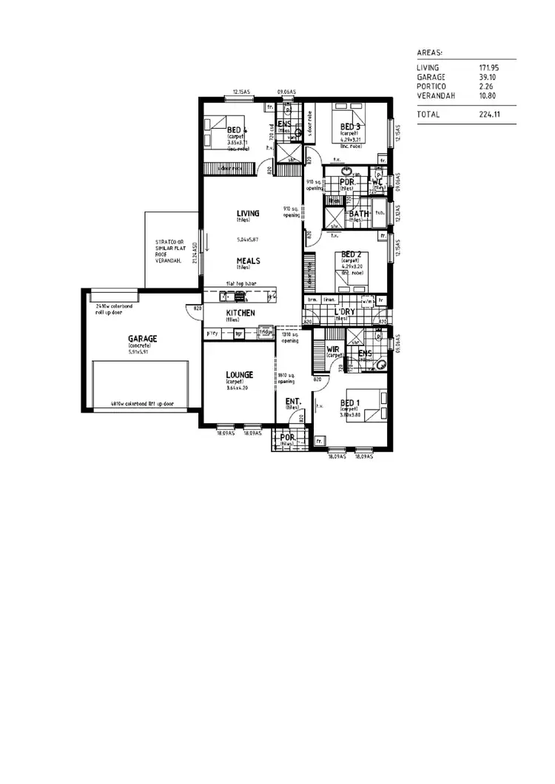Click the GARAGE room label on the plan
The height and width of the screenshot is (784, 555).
pyautogui.click(x=143, y=339)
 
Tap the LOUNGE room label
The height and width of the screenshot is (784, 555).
pyautogui.click(x=239, y=375)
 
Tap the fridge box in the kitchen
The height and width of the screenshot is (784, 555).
pyautogui.click(x=266, y=333)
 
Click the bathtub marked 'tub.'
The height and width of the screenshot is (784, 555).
pyautogui.click(x=380, y=215)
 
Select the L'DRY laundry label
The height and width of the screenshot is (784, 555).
pyautogui.click(x=345, y=312)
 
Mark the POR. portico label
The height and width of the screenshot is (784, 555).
pyautogui.click(x=287, y=437)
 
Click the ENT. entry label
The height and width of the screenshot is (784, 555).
pyautogui.click(x=292, y=401)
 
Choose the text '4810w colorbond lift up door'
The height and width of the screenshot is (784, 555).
pyautogui.click(x=143, y=404)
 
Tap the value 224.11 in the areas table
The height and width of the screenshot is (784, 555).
pyautogui.click(x=491, y=115)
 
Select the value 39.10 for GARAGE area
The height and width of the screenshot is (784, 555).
pyautogui.click(x=488, y=77)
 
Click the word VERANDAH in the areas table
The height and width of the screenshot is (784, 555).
pyautogui.click(x=435, y=95)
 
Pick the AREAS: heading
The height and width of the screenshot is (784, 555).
pyautogui.click(x=430, y=53)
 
